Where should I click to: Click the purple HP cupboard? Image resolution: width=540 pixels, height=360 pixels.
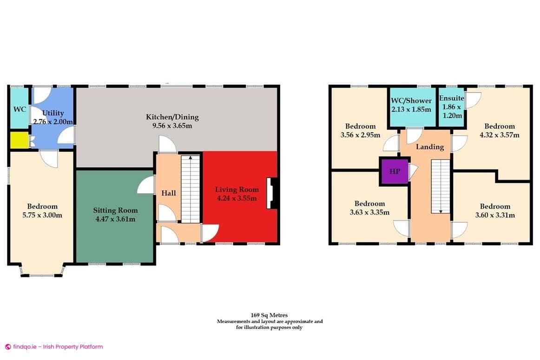tap(394, 171)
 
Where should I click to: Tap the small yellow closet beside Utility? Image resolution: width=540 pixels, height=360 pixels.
tap(19, 140)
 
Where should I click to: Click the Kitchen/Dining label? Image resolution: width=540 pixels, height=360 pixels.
tap(172, 117)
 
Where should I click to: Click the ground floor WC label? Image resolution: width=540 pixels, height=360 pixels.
tap(20, 109)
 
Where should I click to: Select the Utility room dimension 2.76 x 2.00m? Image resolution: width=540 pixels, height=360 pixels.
tap(53, 122)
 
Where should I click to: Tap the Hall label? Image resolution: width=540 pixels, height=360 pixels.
tap(168, 192)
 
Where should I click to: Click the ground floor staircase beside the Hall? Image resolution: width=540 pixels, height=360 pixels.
tap(190, 189)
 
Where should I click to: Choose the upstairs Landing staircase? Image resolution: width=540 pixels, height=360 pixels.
tap(440, 186)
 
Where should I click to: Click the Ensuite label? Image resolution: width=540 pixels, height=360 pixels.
tap(452, 98)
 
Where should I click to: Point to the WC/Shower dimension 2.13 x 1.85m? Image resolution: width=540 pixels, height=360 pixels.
tap(410, 109)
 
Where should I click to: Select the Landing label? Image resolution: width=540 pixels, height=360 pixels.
tap(429, 147)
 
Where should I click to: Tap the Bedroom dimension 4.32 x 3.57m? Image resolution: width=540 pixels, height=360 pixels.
tap(500, 135)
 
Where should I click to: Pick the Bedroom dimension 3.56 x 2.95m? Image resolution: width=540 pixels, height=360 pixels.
tap(360, 135)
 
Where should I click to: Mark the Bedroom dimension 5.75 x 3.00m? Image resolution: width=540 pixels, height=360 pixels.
tap(42, 215)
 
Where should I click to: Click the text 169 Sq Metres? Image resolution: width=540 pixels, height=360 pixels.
tap(270, 315)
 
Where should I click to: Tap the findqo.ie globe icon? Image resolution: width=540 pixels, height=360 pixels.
tap(8, 347)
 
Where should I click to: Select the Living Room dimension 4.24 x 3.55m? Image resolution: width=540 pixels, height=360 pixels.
tap(237, 198)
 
